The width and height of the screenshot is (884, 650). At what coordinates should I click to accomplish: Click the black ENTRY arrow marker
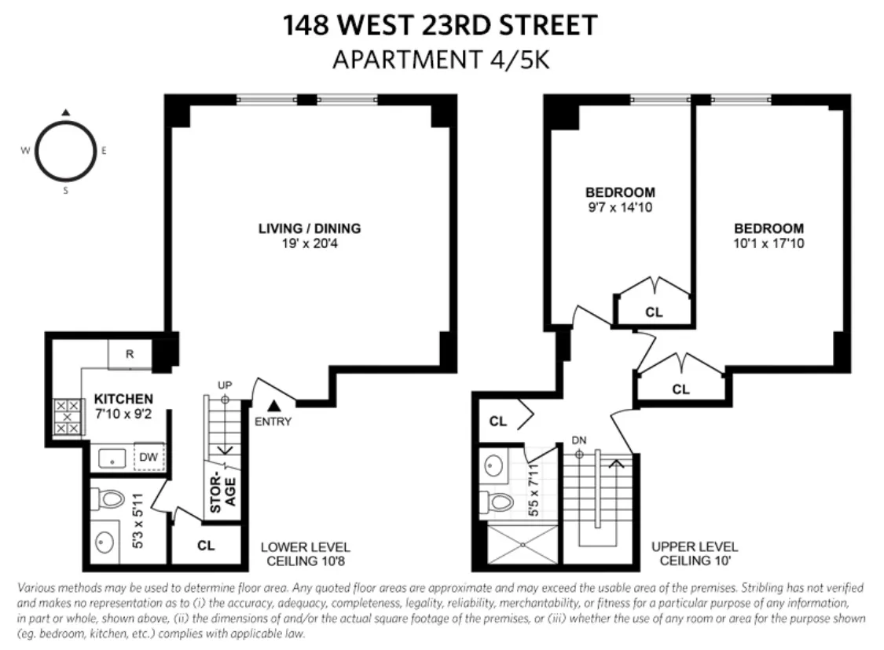pos(273,406)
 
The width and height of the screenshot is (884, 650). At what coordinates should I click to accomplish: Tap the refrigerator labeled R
pos(130,355)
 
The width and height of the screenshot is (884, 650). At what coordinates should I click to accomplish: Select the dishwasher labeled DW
pos(148,456)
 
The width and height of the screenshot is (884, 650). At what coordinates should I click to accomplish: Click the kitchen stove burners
pos(66,416)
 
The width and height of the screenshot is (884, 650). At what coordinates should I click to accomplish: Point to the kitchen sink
pos(109,457)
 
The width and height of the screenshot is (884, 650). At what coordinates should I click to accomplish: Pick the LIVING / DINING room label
pos(310,228)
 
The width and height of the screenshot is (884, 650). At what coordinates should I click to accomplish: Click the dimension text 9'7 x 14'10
pos(620,208)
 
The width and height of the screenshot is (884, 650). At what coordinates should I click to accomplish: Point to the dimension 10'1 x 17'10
pos(768,243)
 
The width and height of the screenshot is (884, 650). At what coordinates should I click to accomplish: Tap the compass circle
pos(66,151)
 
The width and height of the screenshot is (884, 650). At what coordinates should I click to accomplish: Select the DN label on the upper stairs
pos(580,440)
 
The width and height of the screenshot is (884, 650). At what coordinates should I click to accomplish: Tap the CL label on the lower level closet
pos(206,545)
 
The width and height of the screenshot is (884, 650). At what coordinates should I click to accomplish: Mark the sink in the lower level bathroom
pos(106,542)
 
